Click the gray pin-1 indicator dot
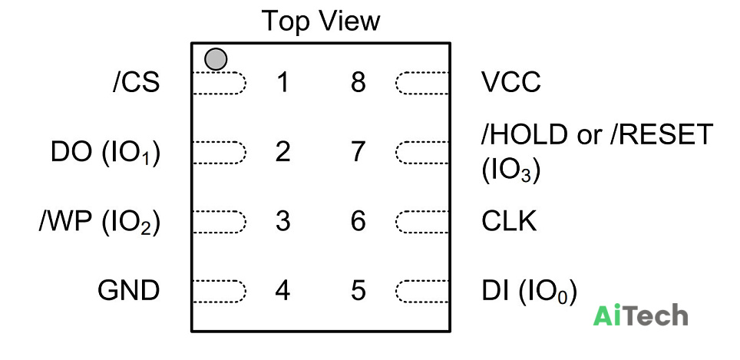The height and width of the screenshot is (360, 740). (216, 59)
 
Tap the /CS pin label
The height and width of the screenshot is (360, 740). (137, 83)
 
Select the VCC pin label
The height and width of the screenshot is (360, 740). (511, 83)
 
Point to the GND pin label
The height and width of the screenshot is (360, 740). (128, 291)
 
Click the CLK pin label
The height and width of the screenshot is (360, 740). (509, 221)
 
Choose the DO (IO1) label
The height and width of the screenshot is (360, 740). (106, 153)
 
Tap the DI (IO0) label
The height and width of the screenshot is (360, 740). (529, 292)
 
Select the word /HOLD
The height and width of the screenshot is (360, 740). (524, 135)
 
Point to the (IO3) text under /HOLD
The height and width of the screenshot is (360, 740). (510, 171)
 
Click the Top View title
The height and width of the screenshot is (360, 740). (320, 21)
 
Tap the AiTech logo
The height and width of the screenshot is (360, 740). (640, 315)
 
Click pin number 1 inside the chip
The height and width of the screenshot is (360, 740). (282, 83)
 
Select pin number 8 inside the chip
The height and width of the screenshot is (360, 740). (358, 83)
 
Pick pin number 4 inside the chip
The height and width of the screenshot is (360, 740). (282, 291)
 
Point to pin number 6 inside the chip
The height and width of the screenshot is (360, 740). (358, 221)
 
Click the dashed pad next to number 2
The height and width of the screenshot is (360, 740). (220, 153)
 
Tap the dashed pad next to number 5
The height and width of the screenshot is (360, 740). (421, 291)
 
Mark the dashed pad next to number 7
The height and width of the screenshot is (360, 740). (421, 153)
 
